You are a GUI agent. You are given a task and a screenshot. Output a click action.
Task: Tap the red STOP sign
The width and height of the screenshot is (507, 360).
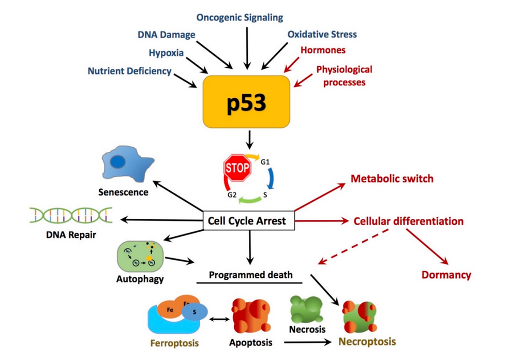coord(237,168)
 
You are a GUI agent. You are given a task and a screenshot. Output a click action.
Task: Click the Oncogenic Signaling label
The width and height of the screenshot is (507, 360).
coord(240,18)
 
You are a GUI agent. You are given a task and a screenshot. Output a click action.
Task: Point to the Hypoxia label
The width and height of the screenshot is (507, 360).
coord(166,53)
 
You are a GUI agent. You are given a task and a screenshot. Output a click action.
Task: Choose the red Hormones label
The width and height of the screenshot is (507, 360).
coord(323,50)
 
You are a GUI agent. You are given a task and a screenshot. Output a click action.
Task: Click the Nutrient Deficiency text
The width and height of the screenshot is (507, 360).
coord(129,71)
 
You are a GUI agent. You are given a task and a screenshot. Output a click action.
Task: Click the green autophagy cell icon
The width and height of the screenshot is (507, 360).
coord(141,256)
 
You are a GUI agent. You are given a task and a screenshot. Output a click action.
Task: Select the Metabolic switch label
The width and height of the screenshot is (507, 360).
coord(392,179)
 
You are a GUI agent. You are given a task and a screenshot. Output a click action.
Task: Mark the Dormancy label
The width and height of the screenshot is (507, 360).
coord(446,275)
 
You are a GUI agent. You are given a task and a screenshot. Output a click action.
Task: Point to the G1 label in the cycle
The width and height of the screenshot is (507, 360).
coord(265,162)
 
